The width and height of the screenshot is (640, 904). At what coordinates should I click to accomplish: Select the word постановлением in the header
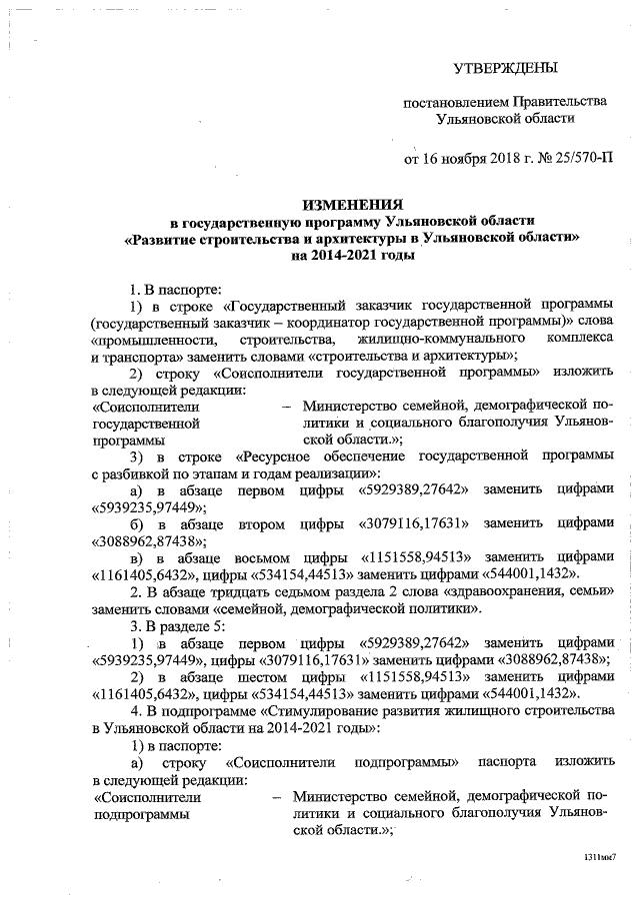tap(454, 102)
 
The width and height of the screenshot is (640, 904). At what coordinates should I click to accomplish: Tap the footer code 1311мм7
tap(601, 857)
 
